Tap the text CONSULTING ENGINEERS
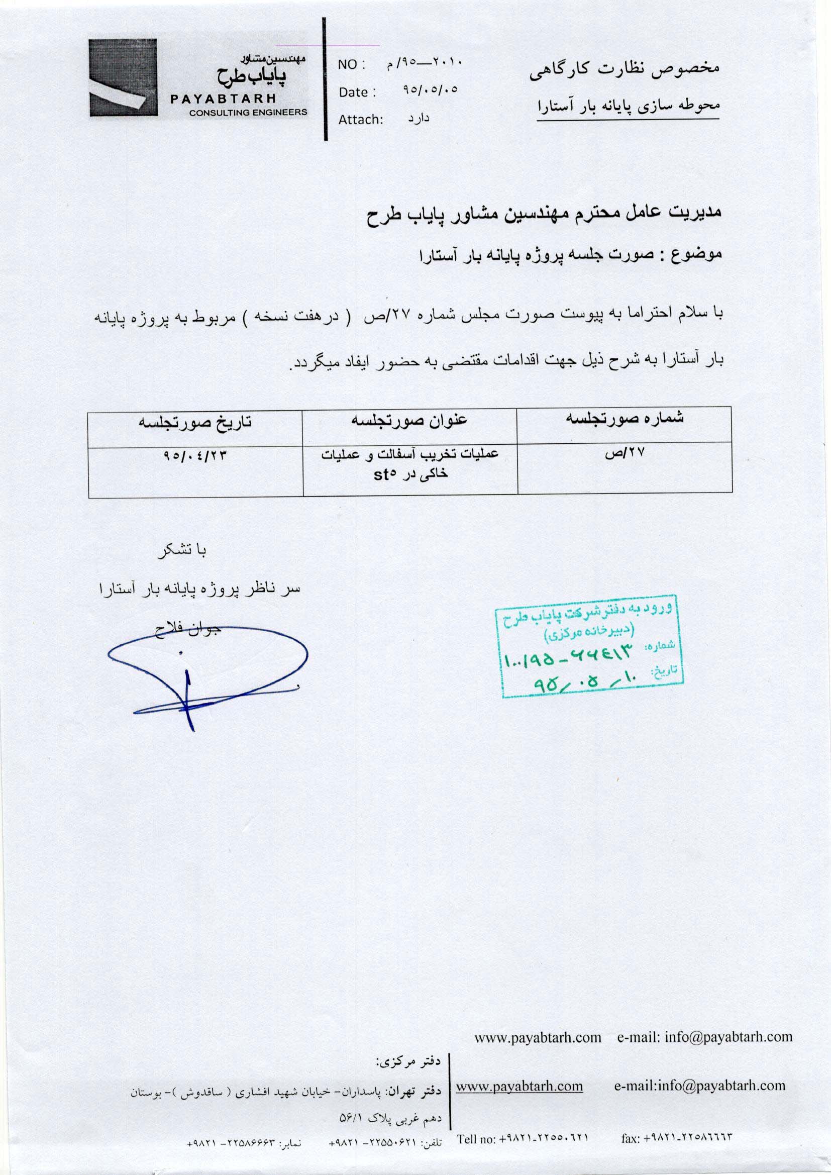pos(248,113)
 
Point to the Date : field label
pos(357,92)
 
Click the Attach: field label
pos(361,120)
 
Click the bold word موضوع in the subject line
pos(700,254)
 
